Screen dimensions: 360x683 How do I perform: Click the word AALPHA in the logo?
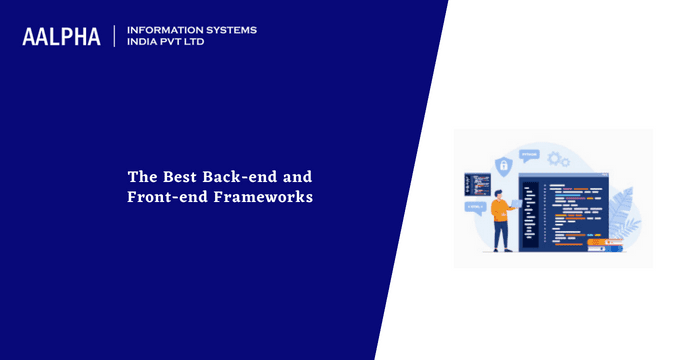click(61, 37)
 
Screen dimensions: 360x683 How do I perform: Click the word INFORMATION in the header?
click(160, 30)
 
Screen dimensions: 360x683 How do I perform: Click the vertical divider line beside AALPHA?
click(114, 37)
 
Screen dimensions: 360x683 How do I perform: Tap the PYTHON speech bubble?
click(530, 155)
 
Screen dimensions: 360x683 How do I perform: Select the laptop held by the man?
click(516, 203)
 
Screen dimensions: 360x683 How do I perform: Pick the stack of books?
click(605, 244)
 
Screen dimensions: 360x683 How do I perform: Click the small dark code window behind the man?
click(477, 184)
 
